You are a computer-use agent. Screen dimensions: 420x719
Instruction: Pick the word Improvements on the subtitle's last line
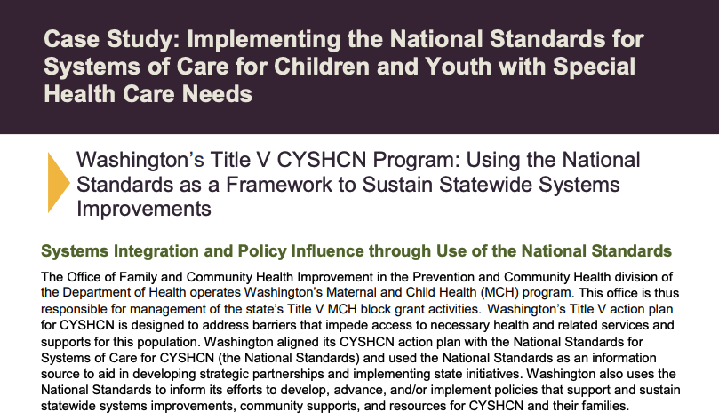coord(144,210)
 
